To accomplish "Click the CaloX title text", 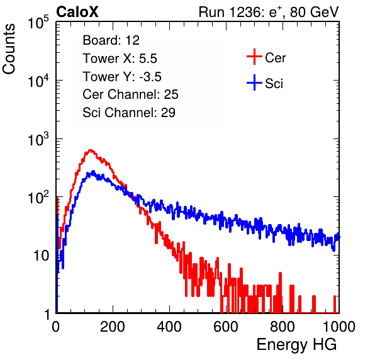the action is [x=77, y=11].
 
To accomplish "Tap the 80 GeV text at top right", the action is [x=314, y=12].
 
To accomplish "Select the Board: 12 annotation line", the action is [x=111, y=40].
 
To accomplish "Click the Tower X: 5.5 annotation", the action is [x=120, y=59].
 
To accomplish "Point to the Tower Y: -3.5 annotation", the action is [x=122, y=77].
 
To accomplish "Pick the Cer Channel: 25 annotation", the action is [x=130, y=94].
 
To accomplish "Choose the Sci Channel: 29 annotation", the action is [x=129, y=113].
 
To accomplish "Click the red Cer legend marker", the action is [x=254, y=57].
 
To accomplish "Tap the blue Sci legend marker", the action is [x=254, y=82].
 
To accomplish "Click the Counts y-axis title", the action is [x=9, y=49].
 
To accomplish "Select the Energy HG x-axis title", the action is [x=296, y=344].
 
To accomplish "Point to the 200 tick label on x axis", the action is [x=113, y=327].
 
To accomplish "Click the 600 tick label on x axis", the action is [x=226, y=327].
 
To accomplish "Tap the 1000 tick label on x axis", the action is [x=339, y=327].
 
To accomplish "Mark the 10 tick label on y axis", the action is [x=42, y=256].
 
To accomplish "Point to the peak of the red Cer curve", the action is [x=90, y=150].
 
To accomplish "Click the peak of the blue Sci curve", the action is [x=94, y=171].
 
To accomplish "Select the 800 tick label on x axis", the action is [x=283, y=327].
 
